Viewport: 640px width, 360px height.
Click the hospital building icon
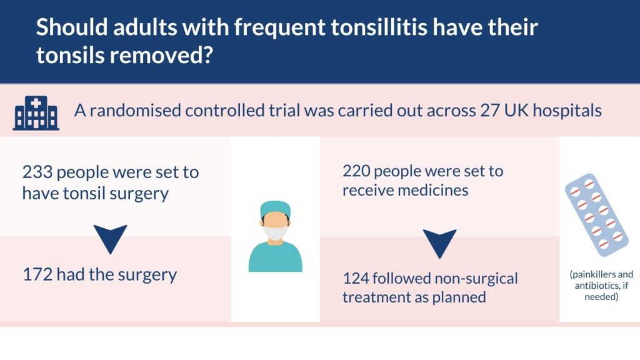click(36, 113)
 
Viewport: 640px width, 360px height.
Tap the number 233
click(37, 172)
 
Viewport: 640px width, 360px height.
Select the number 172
click(37, 274)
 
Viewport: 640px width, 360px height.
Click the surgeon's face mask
click(275, 232)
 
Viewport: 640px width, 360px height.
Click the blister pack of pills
click(596, 215)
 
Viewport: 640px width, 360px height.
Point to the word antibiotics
click(596, 286)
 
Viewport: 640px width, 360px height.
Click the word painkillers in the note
click(592, 274)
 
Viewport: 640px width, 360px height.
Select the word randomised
click(135, 111)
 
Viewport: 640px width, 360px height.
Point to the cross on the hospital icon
click(36, 104)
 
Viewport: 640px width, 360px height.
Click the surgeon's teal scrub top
click(276, 256)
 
